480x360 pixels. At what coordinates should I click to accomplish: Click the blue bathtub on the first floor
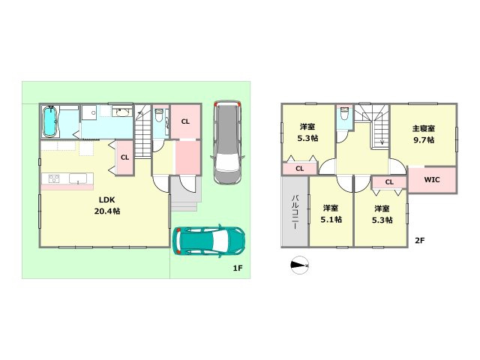click(49, 121)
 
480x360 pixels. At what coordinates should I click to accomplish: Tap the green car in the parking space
click(208, 241)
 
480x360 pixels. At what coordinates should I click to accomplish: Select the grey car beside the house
click(227, 142)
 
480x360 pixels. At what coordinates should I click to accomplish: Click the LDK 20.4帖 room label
click(106, 205)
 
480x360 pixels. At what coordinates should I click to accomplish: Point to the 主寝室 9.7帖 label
click(424, 134)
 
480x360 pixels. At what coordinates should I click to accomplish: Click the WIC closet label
click(432, 180)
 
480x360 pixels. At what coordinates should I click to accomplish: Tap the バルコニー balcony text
click(295, 211)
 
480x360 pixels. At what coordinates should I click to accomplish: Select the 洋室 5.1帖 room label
click(331, 214)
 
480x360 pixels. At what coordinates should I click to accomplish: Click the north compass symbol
click(299, 265)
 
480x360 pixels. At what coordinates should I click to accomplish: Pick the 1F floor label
click(238, 268)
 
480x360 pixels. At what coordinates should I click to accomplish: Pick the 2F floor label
click(420, 241)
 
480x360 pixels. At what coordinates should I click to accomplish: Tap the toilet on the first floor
click(158, 115)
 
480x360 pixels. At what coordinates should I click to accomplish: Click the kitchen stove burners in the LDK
click(54, 178)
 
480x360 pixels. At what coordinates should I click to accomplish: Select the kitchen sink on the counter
click(78, 178)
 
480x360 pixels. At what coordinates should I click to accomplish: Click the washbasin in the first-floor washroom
click(122, 112)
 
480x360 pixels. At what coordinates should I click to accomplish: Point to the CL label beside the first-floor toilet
click(185, 121)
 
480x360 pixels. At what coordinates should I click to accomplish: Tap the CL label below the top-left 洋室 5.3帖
click(300, 169)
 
